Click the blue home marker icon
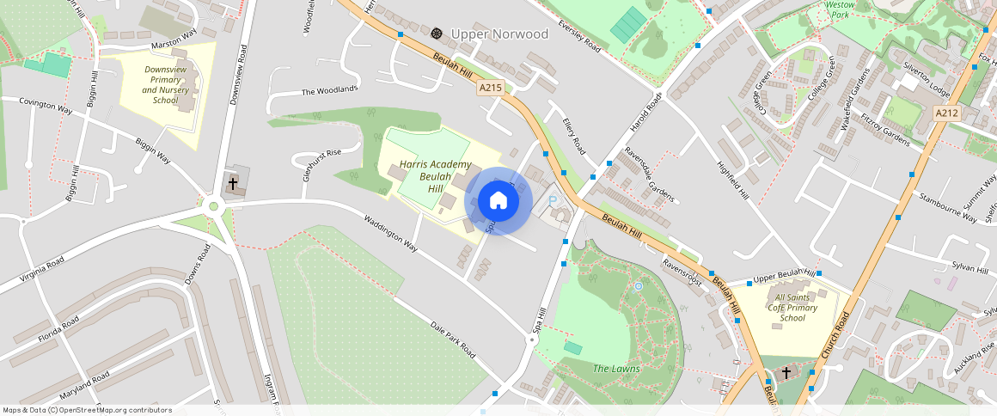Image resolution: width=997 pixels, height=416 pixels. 498,201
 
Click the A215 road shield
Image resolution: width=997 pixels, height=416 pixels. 490,88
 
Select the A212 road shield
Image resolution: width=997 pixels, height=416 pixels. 946,113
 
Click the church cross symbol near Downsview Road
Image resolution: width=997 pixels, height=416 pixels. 232,184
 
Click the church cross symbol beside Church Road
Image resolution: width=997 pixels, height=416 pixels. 786,372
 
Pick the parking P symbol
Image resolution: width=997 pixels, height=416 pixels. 554,201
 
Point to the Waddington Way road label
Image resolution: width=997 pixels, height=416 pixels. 390,233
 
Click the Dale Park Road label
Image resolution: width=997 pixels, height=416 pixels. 453,340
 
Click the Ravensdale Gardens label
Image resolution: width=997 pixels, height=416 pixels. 650,179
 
